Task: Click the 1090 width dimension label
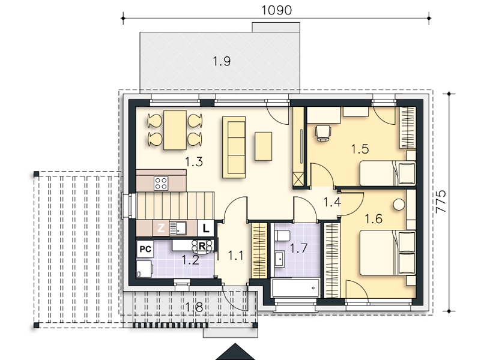[x=276, y=10]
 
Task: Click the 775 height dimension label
[x=441, y=201]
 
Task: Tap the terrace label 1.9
[x=222, y=61]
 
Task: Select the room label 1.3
[x=194, y=162]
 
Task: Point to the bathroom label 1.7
[x=298, y=248]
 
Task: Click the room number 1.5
[x=360, y=149]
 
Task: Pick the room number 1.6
[x=374, y=219]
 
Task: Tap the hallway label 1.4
[x=332, y=202]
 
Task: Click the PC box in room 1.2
[x=145, y=249]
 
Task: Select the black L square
[x=205, y=228]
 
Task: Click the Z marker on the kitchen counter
[x=161, y=228]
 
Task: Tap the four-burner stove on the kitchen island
[x=161, y=183]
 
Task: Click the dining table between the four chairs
[x=175, y=130]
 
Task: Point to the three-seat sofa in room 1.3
[x=234, y=147]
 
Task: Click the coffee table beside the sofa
[x=263, y=146]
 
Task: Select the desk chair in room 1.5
[x=323, y=133]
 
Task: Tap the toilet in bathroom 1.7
[x=282, y=236]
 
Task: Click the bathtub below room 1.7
[x=295, y=287]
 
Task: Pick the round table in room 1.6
[x=399, y=205]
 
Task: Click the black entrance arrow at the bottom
[x=235, y=352]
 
